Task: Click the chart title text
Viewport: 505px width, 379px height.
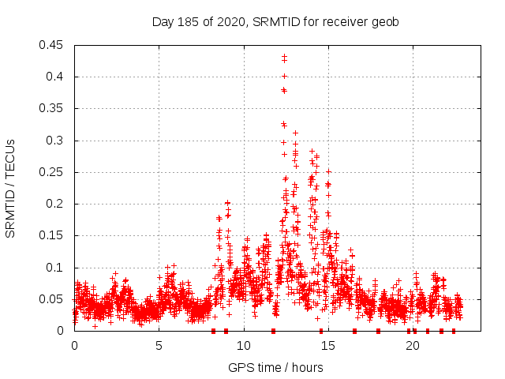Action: (275, 21)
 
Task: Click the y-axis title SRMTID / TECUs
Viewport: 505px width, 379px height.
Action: (10, 188)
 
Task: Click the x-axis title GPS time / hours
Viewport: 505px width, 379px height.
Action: (275, 367)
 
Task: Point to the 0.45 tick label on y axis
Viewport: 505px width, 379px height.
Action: (53, 45)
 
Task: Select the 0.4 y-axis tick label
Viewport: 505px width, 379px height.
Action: (56, 77)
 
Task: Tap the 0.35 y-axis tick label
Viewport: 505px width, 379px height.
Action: (53, 108)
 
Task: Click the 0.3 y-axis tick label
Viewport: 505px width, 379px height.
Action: (56, 141)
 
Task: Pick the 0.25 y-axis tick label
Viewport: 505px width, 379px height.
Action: (53, 172)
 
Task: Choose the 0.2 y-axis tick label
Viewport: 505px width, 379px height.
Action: (56, 204)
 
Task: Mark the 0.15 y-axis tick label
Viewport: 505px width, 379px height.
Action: (53, 235)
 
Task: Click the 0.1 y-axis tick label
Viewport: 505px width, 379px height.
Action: (56, 268)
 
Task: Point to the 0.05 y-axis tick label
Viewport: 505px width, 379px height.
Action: (53, 299)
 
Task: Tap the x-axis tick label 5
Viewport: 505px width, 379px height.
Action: (159, 345)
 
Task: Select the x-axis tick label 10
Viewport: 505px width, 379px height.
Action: (244, 345)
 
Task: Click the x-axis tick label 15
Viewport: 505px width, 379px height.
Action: (328, 345)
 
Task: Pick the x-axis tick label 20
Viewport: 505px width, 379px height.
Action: (413, 345)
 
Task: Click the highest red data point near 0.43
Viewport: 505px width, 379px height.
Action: (284, 57)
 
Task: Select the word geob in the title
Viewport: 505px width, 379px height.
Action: (386, 21)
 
